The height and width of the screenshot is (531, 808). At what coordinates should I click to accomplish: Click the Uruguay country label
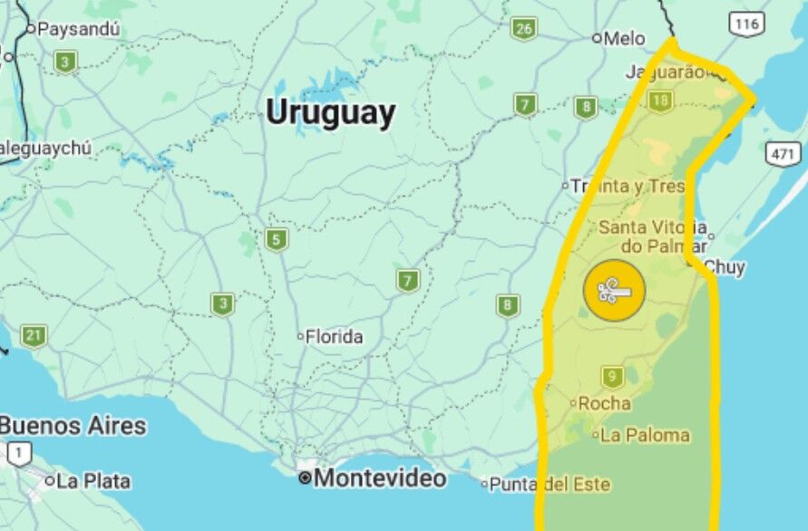330,113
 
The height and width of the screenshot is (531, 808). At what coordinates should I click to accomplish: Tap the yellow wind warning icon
614,292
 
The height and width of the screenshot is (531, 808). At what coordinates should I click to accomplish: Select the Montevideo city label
379,478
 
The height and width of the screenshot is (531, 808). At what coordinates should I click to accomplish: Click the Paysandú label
79,29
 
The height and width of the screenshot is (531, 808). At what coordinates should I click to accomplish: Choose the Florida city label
334,337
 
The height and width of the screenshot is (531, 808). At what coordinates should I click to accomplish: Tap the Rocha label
604,403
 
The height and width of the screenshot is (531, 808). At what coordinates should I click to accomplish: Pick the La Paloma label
645,435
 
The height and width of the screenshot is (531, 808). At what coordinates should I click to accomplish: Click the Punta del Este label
550,485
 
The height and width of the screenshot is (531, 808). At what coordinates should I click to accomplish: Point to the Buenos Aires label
73,425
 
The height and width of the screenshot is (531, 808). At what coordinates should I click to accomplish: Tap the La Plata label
92,481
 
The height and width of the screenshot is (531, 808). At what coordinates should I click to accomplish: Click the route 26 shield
523,28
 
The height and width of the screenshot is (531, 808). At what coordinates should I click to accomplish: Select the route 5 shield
277,239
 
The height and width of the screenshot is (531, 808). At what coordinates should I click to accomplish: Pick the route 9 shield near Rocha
613,376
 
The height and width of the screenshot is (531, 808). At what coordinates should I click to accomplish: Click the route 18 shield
660,101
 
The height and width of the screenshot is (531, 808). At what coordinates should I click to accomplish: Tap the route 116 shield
746,24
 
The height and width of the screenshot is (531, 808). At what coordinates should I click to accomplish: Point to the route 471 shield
783,153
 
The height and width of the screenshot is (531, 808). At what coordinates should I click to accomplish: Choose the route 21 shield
34,336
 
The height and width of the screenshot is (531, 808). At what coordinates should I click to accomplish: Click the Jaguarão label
665,72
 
